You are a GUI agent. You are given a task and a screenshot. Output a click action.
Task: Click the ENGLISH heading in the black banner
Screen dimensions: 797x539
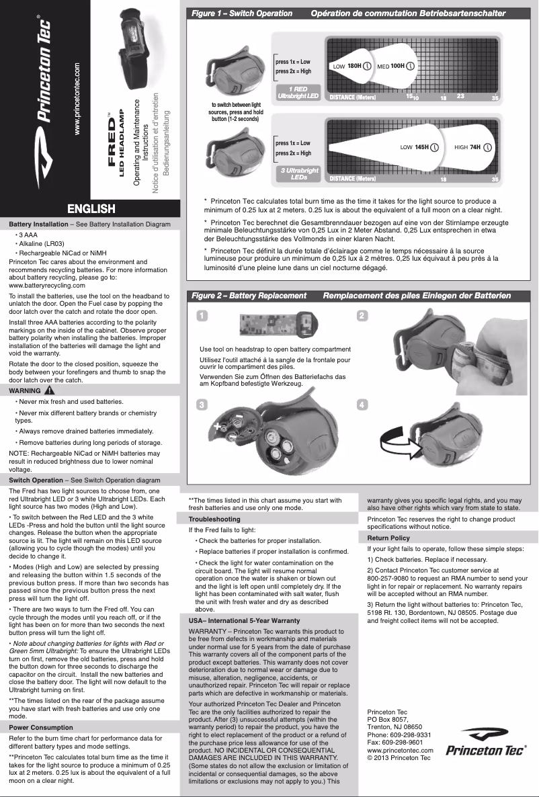click(90, 209)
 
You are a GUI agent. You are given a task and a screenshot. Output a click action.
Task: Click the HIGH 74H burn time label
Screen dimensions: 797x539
click(473, 146)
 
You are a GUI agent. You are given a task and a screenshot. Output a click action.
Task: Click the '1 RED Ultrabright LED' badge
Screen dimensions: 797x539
click(298, 93)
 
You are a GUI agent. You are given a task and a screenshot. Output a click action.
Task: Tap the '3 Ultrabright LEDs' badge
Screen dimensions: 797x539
click(299, 174)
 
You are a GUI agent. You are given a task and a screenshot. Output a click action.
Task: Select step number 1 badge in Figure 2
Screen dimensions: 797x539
click(202, 316)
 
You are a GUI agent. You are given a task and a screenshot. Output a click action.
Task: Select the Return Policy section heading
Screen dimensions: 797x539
click(388, 538)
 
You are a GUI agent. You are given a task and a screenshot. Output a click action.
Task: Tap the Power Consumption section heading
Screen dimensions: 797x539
click(42, 727)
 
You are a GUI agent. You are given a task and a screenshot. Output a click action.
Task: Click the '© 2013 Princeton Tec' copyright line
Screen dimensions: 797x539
click(399, 757)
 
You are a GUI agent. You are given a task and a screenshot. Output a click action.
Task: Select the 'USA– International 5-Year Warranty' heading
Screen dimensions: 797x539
click(245, 620)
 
